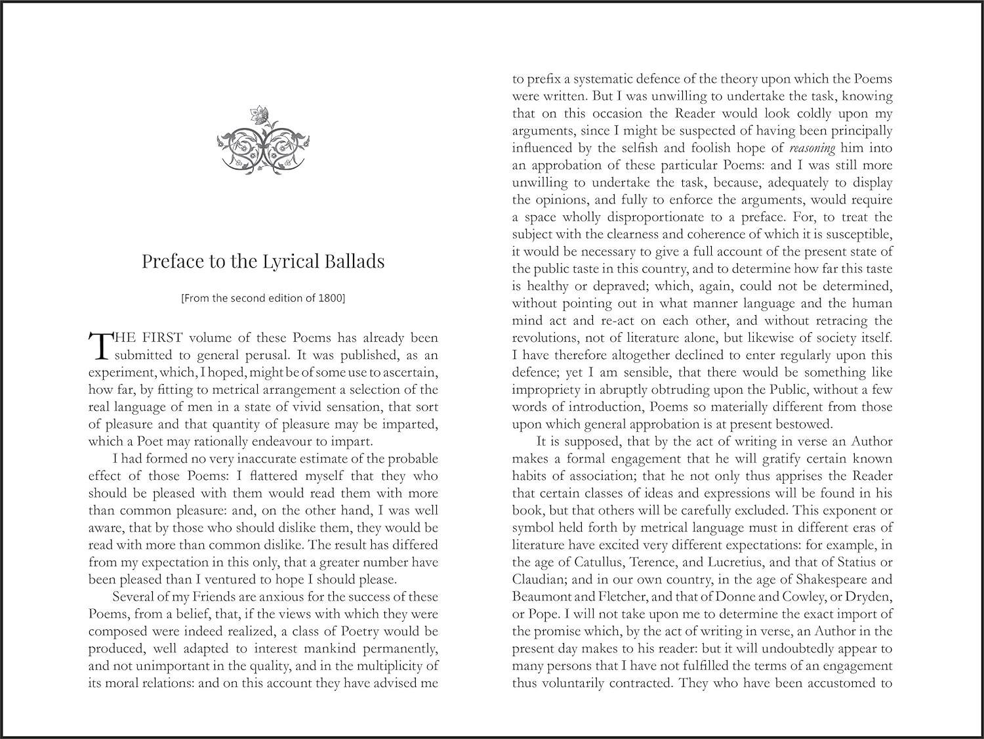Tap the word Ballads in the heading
(x=354, y=261)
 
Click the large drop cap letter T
(x=98, y=346)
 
